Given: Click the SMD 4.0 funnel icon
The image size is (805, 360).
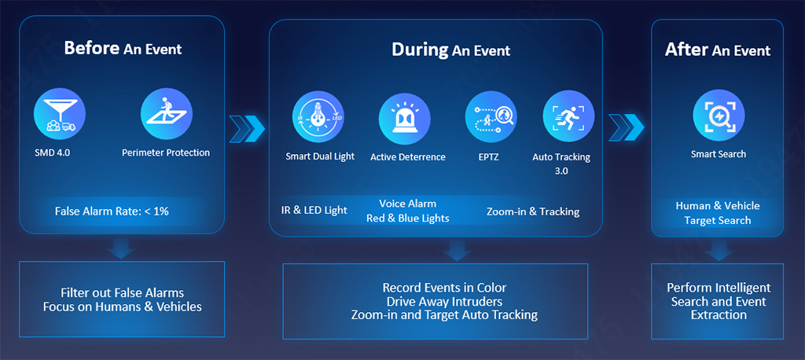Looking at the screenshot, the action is click(60, 114).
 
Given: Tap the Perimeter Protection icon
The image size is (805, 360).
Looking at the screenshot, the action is click(167, 114).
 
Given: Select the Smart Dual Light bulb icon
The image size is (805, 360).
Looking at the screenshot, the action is click(318, 116).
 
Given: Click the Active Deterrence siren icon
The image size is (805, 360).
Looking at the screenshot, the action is click(405, 119).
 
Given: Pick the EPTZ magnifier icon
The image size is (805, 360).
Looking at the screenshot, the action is click(491, 116).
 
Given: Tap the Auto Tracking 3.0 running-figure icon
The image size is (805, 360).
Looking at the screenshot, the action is click(568, 116).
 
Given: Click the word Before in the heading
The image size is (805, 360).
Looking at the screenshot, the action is click(92, 48).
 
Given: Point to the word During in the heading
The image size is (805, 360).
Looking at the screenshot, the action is click(420, 50).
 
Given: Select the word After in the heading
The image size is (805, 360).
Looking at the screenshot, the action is click(687, 50).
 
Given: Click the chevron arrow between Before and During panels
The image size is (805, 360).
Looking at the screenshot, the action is click(247, 128).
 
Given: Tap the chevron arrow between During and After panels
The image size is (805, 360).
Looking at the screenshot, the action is click(626, 127).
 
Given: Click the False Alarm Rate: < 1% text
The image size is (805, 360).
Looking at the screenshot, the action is click(112, 211).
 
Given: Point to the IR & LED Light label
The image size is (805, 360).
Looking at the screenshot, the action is click(314, 210).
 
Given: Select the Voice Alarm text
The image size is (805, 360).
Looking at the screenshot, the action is click(408, 204).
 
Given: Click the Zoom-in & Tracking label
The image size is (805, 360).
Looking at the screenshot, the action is click(533, 211).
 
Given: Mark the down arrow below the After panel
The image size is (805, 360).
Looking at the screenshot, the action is click(719, 251).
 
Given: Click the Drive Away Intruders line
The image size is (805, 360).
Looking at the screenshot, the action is click(445, 301).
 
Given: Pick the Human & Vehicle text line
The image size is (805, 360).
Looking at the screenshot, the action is click(718, 206).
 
